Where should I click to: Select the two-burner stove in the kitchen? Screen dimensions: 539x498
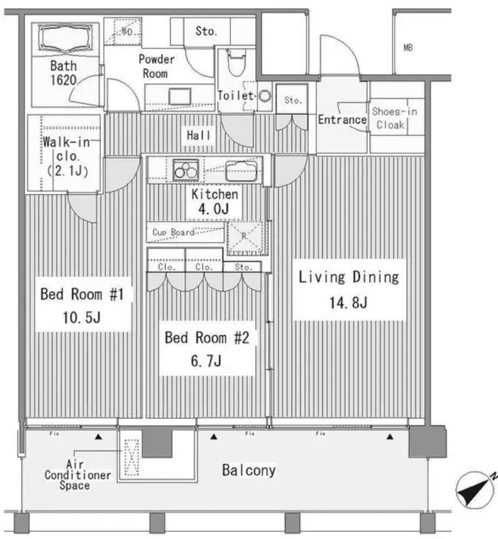point(186,169)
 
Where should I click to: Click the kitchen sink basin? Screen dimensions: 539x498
point(241,169)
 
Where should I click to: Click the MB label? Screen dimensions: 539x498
point(408,48)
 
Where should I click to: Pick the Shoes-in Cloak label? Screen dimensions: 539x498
point(394,118)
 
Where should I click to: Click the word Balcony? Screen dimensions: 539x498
point(248,470)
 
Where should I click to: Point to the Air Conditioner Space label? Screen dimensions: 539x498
point(78,474)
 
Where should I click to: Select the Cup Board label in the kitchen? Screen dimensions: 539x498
point(174,232)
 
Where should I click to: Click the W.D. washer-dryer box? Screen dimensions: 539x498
point(127,32)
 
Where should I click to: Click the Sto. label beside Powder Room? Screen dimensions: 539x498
point(205,32)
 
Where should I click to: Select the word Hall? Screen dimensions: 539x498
point(199,135)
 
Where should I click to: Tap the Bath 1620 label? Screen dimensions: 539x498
point(63,73)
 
